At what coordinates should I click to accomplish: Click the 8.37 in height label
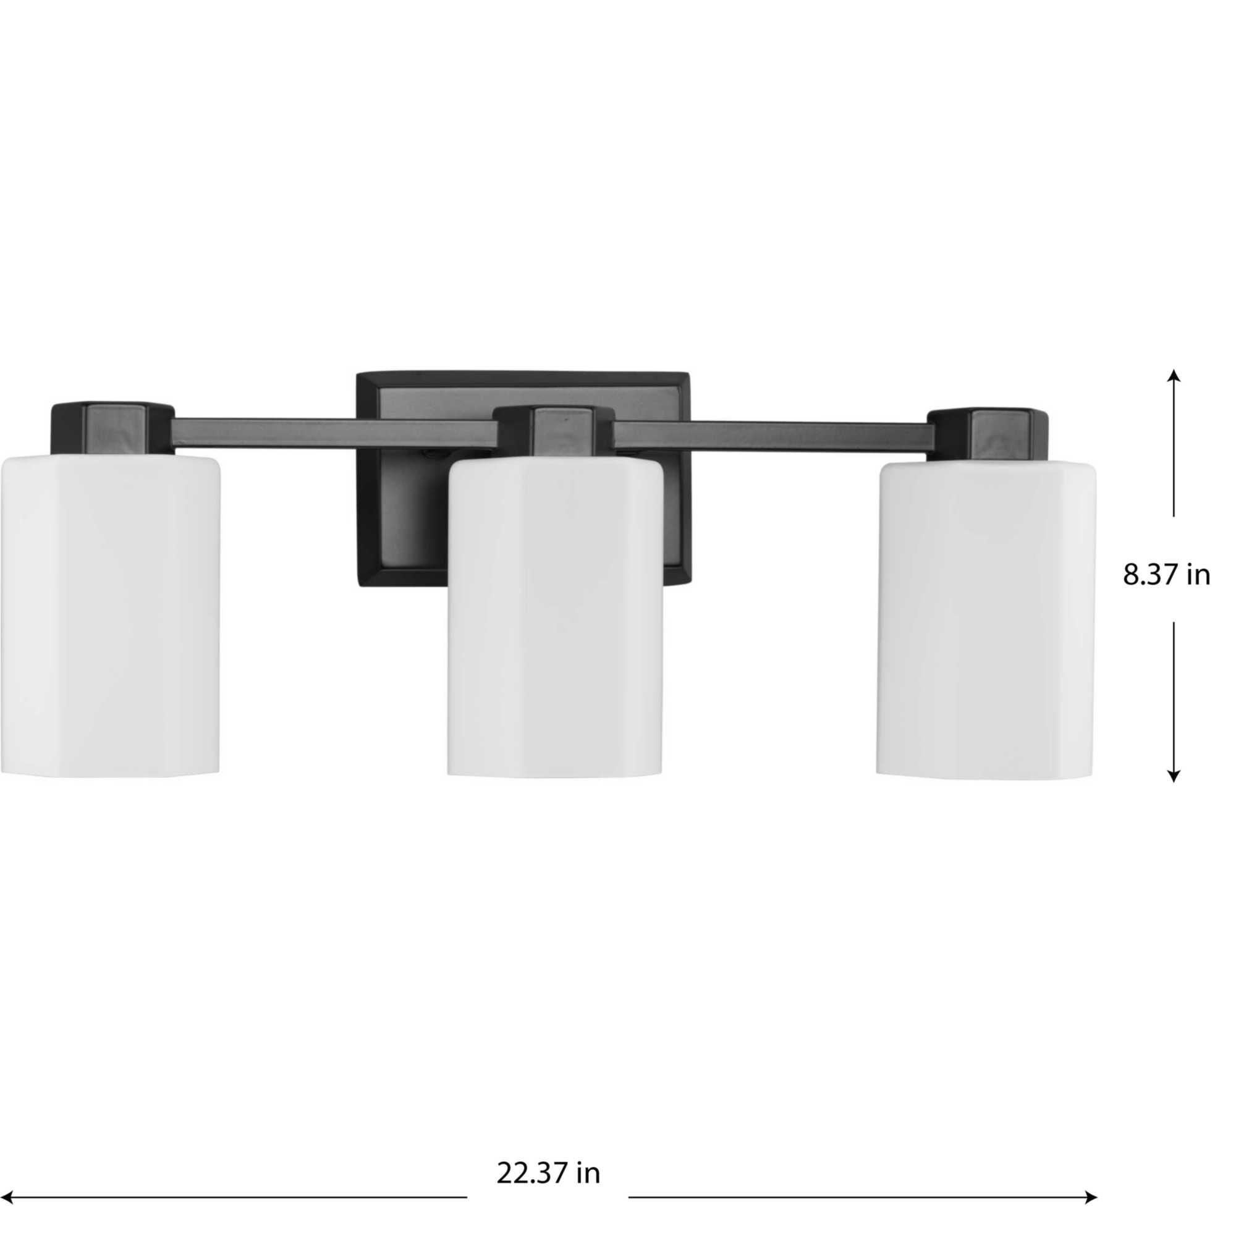click(x=1166, y=575)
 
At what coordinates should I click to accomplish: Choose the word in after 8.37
click(x=1198, y=575)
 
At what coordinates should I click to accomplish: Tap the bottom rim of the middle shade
click(x=555, y=776)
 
